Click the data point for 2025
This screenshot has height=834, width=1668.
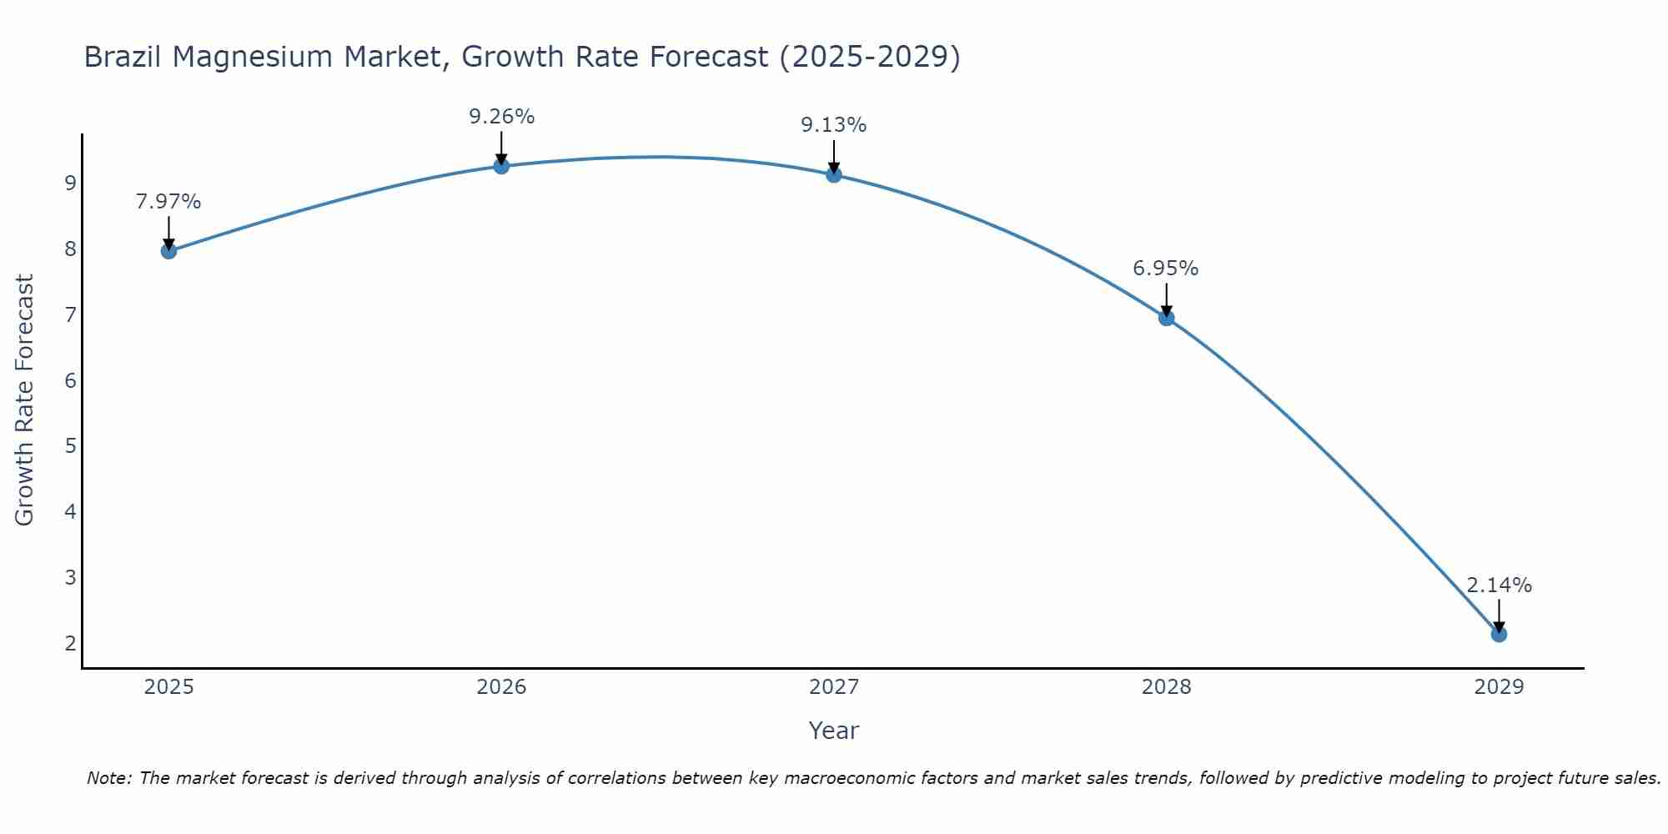[x=168, y=251]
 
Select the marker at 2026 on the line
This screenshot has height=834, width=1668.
[x=501, y=166]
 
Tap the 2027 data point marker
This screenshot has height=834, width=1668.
[x=834, y=174]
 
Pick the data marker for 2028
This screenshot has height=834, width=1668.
[x=1167, y=318]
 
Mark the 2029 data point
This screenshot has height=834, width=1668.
[x=1499, y=635]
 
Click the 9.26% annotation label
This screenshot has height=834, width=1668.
[x=501, y=117]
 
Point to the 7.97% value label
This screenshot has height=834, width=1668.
[x=168, y=202]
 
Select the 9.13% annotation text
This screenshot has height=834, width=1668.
[x=834, y=125]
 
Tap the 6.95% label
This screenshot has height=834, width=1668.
[x=1166, y=269]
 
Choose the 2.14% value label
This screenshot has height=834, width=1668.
[x=1499, y=585]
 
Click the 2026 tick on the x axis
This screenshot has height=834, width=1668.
[x=501, y=687]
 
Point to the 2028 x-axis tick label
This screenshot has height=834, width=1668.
[x=1167, y=687]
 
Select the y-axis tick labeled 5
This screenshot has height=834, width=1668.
[x=70, y=445]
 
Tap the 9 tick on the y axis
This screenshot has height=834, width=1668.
[x=70, y=183]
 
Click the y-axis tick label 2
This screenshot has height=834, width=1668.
[x=70, y=643]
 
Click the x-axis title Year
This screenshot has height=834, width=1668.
[x=834, y=731]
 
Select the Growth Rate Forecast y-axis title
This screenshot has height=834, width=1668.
[x=25, y=400]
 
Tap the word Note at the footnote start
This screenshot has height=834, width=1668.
[x=108, y=778]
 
